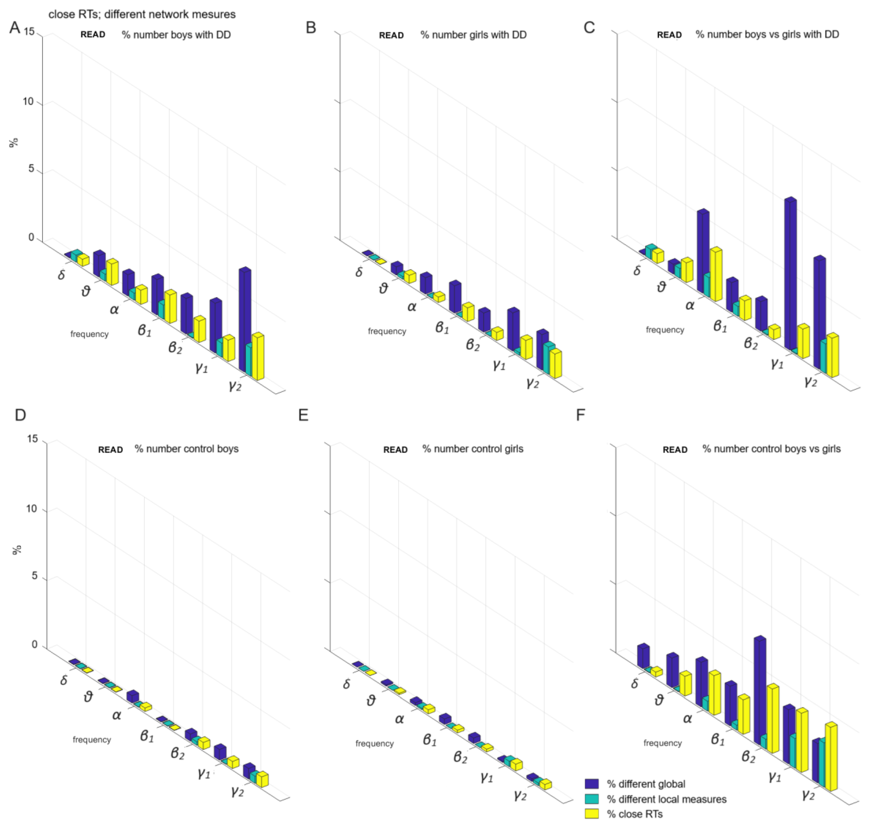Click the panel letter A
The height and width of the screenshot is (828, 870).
(x=15, y=28)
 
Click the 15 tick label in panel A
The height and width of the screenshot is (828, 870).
(x=29, y=32)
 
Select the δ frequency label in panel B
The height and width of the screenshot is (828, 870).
(x=359, y=272)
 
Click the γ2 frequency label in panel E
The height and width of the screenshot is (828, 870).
(x=520, y=795)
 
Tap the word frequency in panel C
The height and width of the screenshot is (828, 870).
(x=665, y=330)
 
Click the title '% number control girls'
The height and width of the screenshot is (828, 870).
(x=473, y=449)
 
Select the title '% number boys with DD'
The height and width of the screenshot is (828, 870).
(x=176, y=34)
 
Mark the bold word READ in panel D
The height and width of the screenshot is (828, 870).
(x=110, y=450)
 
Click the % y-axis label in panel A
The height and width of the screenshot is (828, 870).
(x=15, y=142)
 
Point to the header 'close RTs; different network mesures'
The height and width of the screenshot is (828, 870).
(x=142, y=14)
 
